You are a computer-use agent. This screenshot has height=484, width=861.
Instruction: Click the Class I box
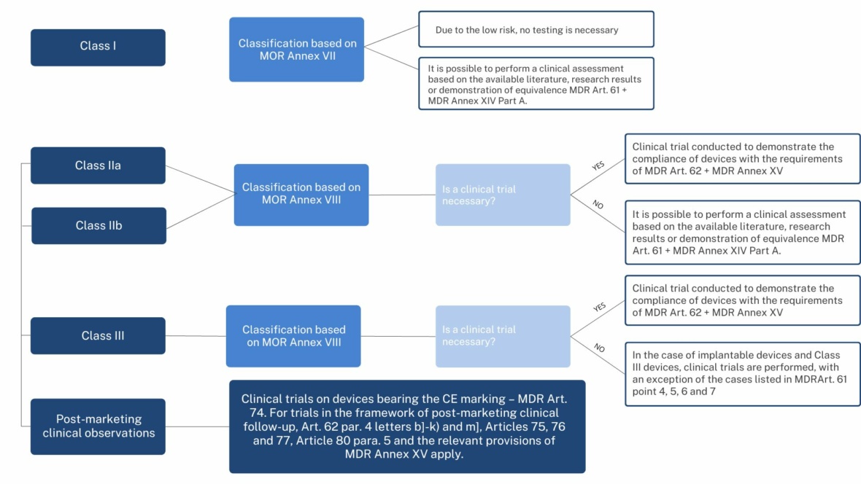point(98,47)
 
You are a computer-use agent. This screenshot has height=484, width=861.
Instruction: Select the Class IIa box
point(98,165)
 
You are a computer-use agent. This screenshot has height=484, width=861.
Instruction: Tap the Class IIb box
point(99,225)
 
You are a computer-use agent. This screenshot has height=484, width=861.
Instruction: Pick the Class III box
point(98,335)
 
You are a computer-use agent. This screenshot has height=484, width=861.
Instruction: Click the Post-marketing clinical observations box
point(98,426)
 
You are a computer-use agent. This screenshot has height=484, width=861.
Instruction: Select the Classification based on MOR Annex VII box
point(296,50)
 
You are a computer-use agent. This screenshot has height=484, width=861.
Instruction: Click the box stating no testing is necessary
point(536,29)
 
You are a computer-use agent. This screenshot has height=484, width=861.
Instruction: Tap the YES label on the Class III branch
point(599,307)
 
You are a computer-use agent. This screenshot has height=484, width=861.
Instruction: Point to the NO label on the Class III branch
point(599,348)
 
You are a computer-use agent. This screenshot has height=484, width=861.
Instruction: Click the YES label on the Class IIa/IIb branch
point(598,165)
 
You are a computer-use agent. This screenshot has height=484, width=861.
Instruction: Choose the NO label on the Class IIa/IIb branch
point(598,205)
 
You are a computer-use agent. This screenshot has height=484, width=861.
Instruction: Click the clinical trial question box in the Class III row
point(503,336)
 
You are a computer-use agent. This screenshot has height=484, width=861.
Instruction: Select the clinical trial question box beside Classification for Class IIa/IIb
point(503,195)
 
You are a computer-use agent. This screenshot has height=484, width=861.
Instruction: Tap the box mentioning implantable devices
point(742,374)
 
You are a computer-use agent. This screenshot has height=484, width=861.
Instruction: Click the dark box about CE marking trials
point(407,426)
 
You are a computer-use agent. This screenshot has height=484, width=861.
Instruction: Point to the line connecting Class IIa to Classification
point(200,179)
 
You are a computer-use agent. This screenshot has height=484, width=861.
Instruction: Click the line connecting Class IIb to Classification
point(201,211)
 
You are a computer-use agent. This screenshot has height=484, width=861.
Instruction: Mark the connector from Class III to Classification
point(196,336)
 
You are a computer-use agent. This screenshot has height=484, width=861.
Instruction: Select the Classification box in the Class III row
point(293,336)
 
